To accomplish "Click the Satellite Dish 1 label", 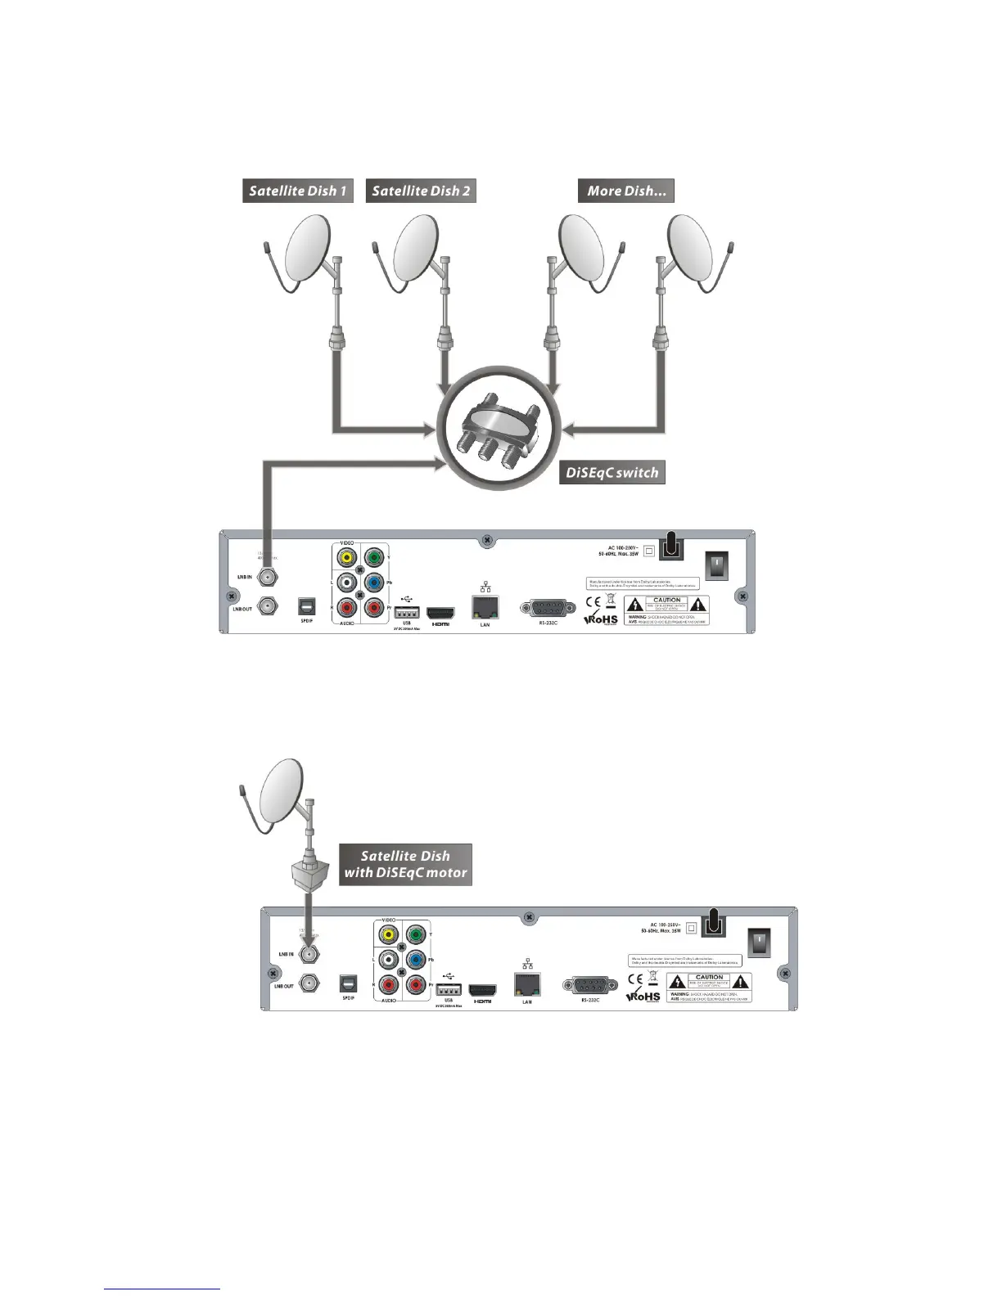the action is click(298, 191).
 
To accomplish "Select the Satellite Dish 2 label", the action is click(421, 191).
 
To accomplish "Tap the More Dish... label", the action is click(626, 191).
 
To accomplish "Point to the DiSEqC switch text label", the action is click(612, 473).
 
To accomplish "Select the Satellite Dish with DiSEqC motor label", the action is click(406, 864).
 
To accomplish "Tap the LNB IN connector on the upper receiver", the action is click(266, 577).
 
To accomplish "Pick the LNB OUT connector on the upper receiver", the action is click(266, 607).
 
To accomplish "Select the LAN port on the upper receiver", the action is click(485, 606).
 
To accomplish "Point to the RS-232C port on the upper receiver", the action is click(548, 609).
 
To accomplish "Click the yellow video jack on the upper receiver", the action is click(347, 558).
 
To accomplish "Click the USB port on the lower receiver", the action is click(449, 988).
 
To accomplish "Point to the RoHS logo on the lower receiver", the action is click(643, 997).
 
